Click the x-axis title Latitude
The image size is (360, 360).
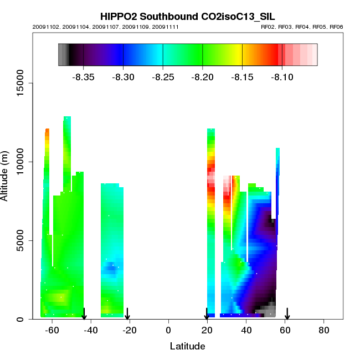(x=187, y=346)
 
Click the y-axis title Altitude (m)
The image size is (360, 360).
(x=6, y=175)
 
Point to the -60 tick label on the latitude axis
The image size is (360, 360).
(x=52, y=330)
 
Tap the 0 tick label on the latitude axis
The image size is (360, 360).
(x=168, y=330)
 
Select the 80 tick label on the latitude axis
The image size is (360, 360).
(x=324, y=330)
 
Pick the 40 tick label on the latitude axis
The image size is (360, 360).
(x=246, y=330)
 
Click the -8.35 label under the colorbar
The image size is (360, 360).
(x=83, y=77)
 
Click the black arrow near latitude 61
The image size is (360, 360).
(x=287, y=314)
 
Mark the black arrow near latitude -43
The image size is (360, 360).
(x=84, y=314)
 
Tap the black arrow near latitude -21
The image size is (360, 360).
(x=127, y=314)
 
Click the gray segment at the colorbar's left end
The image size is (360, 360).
(x=64, y=55)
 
